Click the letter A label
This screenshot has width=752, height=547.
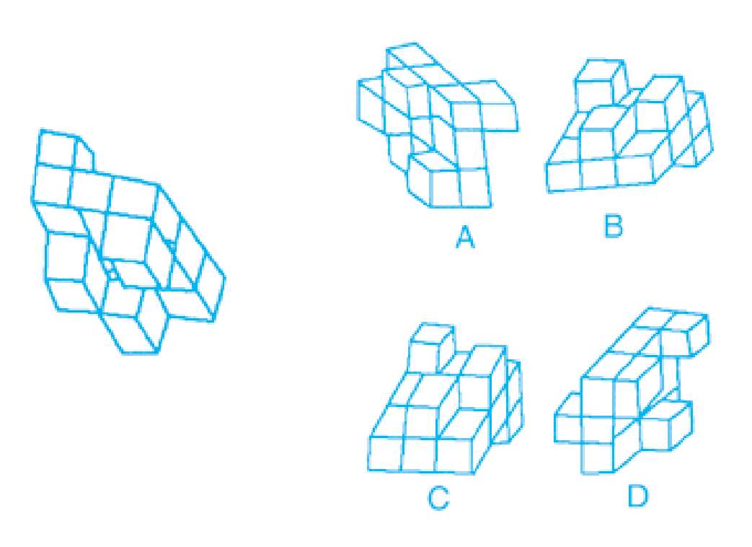(465, 237)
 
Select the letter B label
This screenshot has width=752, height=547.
(614, 227)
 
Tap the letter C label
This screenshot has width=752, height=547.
(438, 498)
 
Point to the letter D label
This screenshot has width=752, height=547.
(637, 496)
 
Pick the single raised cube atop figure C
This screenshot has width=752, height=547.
(431, 346)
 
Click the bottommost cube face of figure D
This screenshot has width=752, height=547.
(597, 458)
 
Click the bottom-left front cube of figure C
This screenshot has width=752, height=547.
(386, 453)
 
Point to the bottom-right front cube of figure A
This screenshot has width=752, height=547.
(476, 188)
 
